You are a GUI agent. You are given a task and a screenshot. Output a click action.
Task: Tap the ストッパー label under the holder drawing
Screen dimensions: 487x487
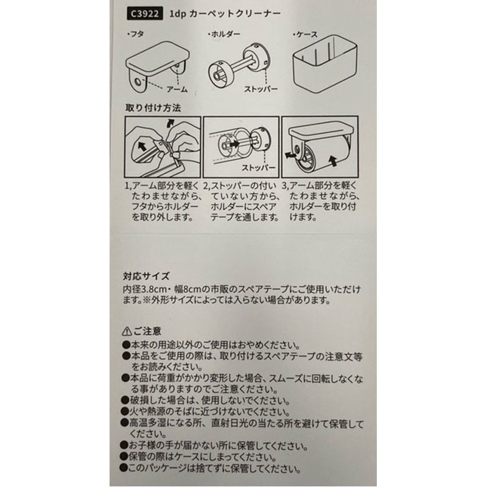pos(261,89)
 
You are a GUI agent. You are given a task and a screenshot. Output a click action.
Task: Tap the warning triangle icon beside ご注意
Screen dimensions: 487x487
pos(126,331)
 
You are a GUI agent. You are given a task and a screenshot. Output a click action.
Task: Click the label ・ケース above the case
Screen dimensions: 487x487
pos(304,35)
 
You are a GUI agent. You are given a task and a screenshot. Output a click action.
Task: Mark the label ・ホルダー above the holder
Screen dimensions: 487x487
pos(223,35)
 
